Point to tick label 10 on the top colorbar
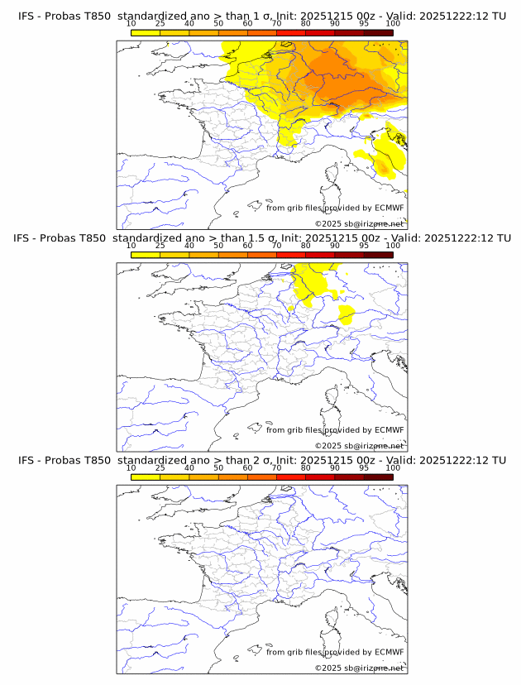[131, 24]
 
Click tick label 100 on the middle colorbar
[393, 246]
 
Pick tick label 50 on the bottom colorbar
[218, 468]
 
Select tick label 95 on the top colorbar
[364, 24]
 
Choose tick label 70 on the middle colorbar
[276, 246]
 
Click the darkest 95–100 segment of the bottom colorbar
[378, 477]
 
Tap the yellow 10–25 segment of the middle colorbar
[146, 256]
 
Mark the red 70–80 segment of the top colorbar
[291, 33]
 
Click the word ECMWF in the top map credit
[389, 208]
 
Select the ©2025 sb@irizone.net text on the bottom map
[359, 668]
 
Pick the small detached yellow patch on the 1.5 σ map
[347, 314]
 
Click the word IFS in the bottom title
[27, 460]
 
